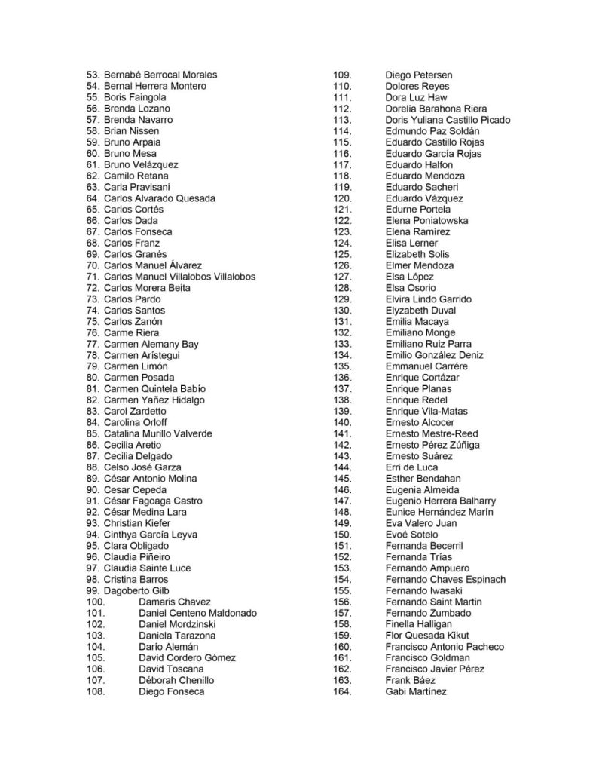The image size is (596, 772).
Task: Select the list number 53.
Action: pos(93,75)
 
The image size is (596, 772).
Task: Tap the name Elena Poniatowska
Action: pos(426,221)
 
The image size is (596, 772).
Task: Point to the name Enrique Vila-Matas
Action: pos(426,412)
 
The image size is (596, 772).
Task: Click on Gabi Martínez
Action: pos(415,691)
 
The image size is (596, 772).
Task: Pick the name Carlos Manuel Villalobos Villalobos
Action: pos(179,277)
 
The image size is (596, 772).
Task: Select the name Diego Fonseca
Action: pos(171,691)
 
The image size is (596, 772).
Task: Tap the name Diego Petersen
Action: pos(418,75)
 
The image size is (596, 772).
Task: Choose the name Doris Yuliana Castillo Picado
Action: pos(448,120)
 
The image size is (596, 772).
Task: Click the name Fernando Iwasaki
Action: pos(423,590)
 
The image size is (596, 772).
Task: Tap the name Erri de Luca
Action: pos(411,467)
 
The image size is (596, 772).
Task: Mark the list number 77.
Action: pos(93,344)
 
